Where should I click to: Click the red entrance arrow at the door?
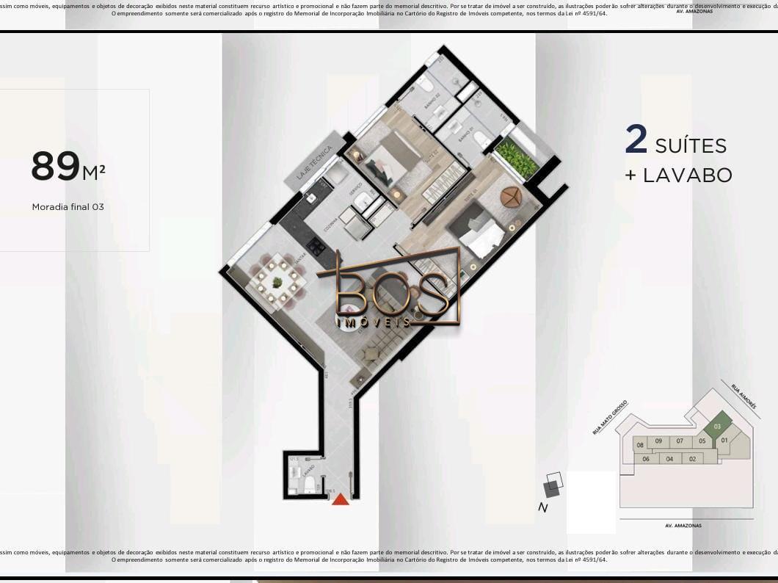[340, 499]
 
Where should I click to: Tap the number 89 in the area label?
[55, 167]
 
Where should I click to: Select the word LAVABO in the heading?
[688, 175]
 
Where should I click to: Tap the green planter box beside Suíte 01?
[517, 157]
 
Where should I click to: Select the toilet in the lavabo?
[309, 482]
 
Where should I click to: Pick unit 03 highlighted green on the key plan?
[717, 427]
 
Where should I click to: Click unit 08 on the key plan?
[640, 445]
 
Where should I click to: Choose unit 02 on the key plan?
[691, 459]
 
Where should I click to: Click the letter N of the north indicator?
[542, 507]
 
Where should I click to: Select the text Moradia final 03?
[68, 207]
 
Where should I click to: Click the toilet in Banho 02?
[426, 86]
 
